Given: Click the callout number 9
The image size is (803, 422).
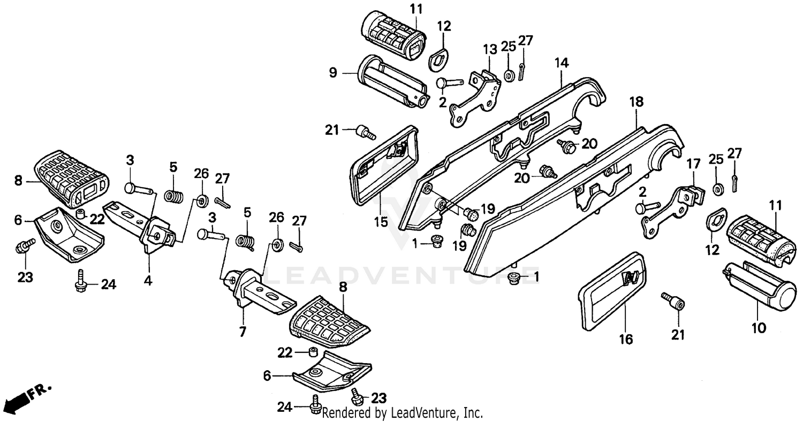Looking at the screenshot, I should [333, 73].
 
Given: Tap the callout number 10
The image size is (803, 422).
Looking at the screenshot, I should [759, 327].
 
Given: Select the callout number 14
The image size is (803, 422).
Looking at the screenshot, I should [560, 63].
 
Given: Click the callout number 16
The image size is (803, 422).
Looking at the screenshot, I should [626, 339].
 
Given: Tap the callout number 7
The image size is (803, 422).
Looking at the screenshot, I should [243, 332].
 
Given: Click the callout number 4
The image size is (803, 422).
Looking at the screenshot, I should [148, 280].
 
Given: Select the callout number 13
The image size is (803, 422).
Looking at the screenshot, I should [490, 50].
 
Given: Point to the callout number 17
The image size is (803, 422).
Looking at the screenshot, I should [693, 164].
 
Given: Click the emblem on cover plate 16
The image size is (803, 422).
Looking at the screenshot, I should [630, 278].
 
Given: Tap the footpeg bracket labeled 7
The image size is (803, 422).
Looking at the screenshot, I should [256, 291].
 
